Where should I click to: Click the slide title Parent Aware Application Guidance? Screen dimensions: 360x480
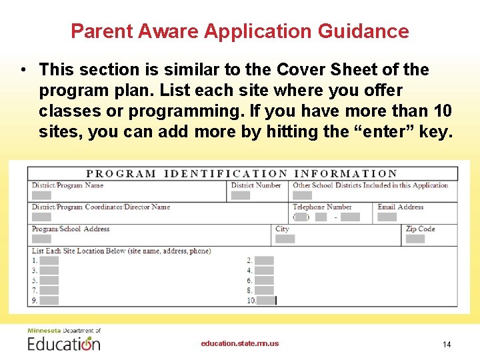[x=239, y=31]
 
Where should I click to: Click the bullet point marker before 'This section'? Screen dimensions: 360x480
[x=23, y=70]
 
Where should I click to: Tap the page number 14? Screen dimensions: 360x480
[x=447, y=344]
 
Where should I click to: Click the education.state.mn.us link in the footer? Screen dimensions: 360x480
[x=240, y=343]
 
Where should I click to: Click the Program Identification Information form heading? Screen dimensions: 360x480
[x=242, y=174]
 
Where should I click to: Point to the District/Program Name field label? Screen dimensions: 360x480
[x=67, y=185]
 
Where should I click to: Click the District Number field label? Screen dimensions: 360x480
[x=256, y=185]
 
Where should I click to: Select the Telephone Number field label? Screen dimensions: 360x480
[x=322, y=207]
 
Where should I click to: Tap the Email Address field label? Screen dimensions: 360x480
[x=400, y=207]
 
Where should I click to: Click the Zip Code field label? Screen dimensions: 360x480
[x=420, y=229]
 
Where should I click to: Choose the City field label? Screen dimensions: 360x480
[x=283, y=229]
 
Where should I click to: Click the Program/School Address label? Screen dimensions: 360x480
[x=71, y=229]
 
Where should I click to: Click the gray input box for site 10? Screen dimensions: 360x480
[x=267, y=301]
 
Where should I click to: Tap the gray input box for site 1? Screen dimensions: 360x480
[x=49, y=261]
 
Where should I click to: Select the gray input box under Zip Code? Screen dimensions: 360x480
[x=415, y=239]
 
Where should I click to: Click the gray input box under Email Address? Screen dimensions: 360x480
[x=387, y=217]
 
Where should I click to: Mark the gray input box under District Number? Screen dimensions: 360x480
[x=241, y=195]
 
